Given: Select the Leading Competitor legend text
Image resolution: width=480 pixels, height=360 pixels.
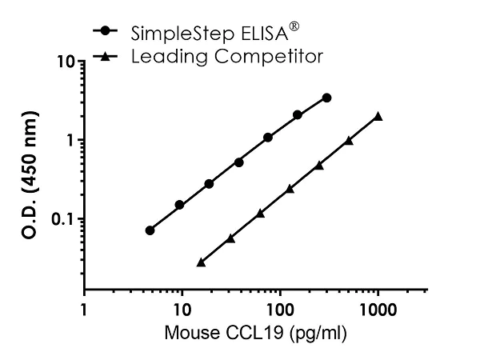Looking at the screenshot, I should [x=227, y=56].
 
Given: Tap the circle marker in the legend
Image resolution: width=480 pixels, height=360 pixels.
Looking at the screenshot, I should [x=106, y=33].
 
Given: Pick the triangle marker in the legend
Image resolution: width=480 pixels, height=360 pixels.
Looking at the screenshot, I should [x=106, y=56].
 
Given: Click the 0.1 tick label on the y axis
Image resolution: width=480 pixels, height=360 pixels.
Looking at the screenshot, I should [x=62, y=219].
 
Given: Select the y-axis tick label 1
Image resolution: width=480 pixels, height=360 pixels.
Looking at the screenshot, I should [x=70, y=141].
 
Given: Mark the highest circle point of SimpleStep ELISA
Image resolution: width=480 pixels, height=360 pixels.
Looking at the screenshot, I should [x=326, y=98].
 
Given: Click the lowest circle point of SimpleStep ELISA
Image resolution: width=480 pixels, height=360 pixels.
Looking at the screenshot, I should [x=150, y=230].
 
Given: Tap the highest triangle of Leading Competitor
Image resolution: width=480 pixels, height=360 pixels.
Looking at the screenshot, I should [x=378, y=117].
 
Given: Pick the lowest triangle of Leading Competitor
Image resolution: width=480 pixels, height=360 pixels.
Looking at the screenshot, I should [x=201, y=262].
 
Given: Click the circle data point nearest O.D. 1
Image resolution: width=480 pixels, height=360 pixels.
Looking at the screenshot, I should [x=268, y=138].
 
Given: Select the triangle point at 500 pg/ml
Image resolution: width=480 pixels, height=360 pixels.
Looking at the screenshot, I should [x=349, y=141].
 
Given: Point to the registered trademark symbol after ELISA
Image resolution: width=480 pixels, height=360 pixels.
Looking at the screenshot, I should [x=294, y=27].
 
